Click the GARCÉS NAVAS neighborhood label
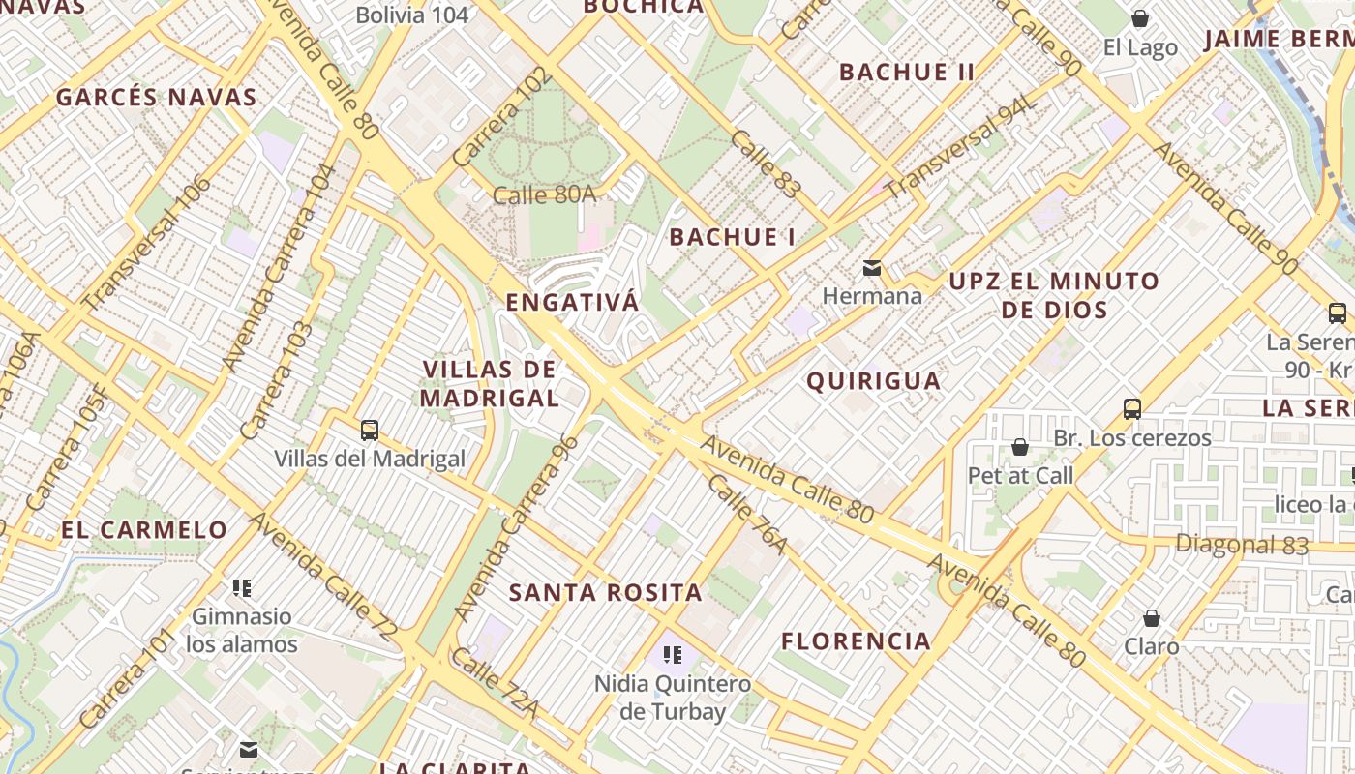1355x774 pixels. point(156,98)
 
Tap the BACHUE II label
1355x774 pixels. point(907,73)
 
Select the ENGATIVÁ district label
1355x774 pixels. point(572,303)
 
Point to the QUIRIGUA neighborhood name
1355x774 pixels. point(874,381)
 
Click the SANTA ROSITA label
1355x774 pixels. point(606,593)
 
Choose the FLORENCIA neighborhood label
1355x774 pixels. point(856,641)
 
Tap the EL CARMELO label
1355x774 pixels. point(144,530)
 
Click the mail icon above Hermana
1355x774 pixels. point(872,268)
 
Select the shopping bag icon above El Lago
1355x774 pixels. point(1140,19)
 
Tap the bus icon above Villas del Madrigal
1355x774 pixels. point(369,431)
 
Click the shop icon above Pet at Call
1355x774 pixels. point(1019,447)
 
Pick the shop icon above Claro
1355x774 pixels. point(1152,617)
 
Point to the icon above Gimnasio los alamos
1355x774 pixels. point(242,587)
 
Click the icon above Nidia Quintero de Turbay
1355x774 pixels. point(673,655)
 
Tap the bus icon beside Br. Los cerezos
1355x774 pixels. point(1132,409)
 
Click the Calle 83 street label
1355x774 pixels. point(766,164)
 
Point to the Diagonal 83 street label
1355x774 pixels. point(1242,545)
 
